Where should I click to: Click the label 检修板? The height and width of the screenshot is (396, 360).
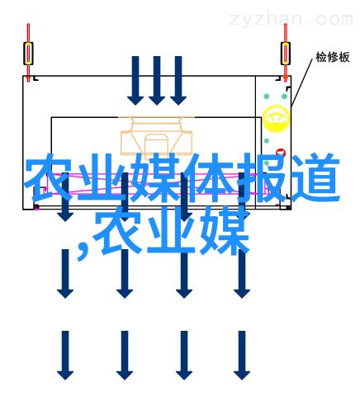[333, 57]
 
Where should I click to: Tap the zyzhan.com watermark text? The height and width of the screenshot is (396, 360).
[291, 19]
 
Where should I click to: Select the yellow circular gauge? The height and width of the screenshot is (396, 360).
[276, 119]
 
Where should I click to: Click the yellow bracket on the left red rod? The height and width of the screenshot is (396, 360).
[28, 54]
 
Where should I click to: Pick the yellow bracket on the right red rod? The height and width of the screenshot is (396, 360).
[286, 54]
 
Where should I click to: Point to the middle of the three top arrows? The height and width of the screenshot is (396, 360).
[157, 81]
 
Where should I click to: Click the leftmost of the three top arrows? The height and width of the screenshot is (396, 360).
[135, 81]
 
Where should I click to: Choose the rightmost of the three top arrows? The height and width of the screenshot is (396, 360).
[178, 81]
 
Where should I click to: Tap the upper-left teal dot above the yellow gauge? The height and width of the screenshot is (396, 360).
[267, 97]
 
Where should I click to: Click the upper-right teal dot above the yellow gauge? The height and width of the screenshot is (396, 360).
[285, 97]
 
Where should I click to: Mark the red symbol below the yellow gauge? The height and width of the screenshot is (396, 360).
[281, 152]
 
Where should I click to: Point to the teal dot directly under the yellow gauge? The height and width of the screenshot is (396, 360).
[267, 141]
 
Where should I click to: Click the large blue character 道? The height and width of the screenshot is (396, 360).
[315, 177]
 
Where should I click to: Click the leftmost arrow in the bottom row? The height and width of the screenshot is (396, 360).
[65, 356]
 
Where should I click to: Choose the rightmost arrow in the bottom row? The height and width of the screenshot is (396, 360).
[242, 356]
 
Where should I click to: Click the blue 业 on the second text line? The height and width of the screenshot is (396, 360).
[171, 230]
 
